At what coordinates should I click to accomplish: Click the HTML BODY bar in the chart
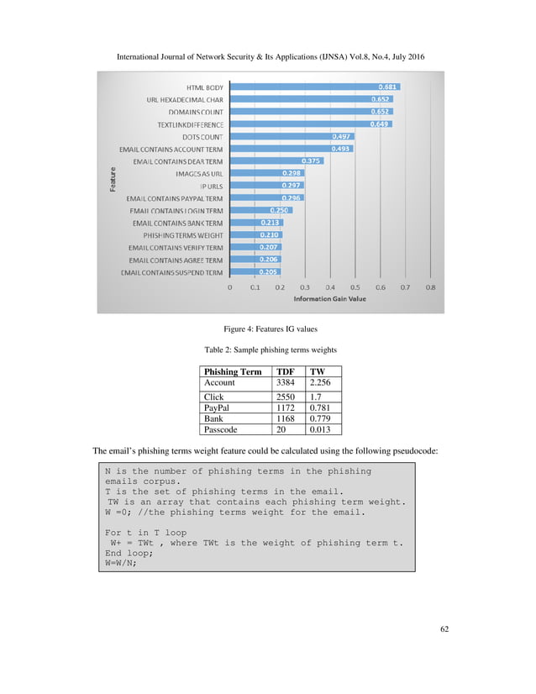pyautogui.click(x=315, y=87)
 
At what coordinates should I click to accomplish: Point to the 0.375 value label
pyautogui.click(x=311, y=161)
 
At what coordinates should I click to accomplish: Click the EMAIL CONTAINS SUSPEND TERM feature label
pyautogui.click(x=172, y=273)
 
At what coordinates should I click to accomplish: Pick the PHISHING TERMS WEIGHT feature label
pyautogui.click(x=182, y=236)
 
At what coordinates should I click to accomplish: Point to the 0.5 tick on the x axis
pyautogui.click(x=355, y=287)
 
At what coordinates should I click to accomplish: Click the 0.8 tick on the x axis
pyautogui.click(x=430, y=287)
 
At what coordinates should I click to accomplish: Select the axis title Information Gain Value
pyautogui.click(x=330, y=299)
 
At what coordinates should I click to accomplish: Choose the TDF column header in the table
pyautogui.click(x=286, y=371)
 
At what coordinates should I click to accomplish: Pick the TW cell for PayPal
pyautogui.click(x=318, y=407)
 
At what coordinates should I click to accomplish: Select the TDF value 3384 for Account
pyautogui.click(x=286, y=382)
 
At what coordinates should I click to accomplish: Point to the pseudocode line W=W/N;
pyautogui.click(x=121, y=564)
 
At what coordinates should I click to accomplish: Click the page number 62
pyautogui.click(x=444, y=651)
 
